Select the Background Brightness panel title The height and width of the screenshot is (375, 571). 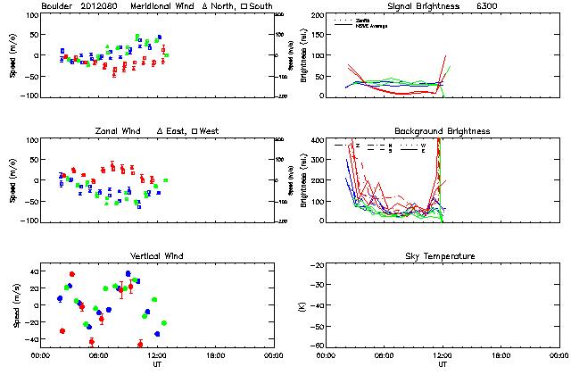[x=443, y=131]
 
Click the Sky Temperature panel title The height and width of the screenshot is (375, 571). [x=443, y=256]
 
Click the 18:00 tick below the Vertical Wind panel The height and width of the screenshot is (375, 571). [x=212, y=354]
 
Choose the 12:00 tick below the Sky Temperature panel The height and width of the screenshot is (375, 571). [x=443, y=354]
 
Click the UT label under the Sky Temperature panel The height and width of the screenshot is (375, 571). [x=443, y=365]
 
